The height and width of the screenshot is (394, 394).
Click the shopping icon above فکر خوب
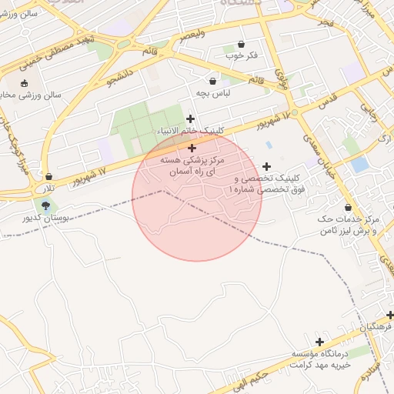pos(242,45)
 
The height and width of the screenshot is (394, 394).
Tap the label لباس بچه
pos(213,93)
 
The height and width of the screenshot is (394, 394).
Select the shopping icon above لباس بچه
pos(213,81)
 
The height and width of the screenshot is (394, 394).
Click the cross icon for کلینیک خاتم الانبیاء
pos(191,119)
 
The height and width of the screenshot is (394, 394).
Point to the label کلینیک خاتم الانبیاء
pos(189,131)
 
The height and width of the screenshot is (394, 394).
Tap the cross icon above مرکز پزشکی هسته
pos(192,147)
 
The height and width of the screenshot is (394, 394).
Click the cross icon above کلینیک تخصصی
pos(267,166)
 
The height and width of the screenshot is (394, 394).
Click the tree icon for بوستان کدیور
pos(45,205)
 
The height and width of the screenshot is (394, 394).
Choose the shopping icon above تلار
pos(48,177)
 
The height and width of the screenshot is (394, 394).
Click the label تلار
pos(48,189)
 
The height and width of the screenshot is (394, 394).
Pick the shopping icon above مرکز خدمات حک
pos(349,207)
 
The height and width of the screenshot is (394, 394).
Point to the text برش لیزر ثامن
pos(350,230)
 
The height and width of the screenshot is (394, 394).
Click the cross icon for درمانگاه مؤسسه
pos(320,342)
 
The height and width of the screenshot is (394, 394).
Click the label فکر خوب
pos(241,56)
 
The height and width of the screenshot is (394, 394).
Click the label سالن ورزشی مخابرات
pos(31,95)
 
